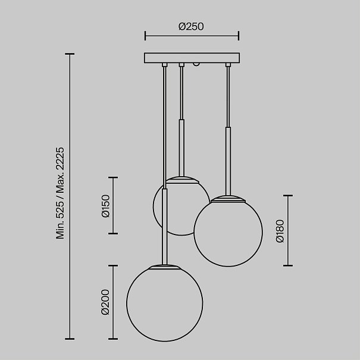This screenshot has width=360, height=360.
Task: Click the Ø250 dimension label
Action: (x=191, y=26)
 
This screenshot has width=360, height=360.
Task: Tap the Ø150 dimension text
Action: (x=106, y=206)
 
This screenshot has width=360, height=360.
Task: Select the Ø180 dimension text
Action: (x=280, y=231)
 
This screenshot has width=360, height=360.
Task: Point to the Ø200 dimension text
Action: (x=105, y=302)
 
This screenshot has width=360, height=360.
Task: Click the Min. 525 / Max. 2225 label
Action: (x=60, y=193)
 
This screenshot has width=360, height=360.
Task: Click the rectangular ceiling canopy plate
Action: (x=192, y=58)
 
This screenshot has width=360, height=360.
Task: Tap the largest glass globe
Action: (x=165, y=303)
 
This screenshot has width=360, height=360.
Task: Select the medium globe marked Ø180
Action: (x=228, y=232)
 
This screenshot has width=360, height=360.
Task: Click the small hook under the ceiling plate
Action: (x=196, y=64)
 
